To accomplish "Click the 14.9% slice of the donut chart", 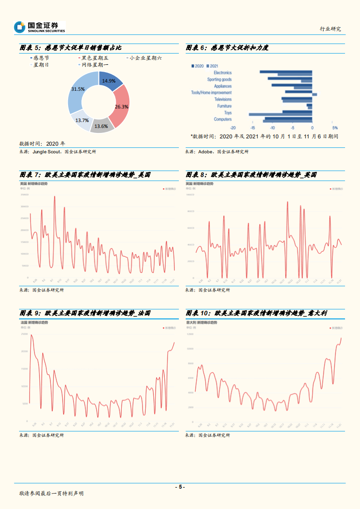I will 110,80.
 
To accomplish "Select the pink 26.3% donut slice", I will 121,106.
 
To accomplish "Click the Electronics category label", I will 222,73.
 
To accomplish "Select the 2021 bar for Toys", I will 280,114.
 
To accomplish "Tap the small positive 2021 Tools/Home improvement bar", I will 315,94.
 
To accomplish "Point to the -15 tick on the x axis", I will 252,127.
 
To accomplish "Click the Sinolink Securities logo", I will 39,27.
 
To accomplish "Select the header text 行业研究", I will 330,29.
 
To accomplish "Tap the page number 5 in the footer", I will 180,487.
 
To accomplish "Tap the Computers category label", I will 222,119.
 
